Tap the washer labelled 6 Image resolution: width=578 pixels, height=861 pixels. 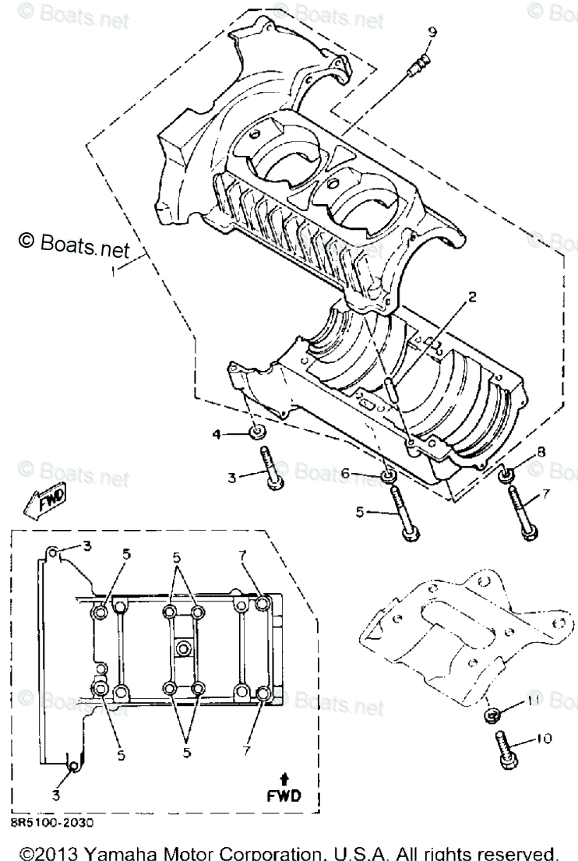click(x=386, y=475)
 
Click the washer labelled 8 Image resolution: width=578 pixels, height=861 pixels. click(x=506, y=474)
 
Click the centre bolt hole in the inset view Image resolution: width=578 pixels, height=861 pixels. click(x=184, y=648)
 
